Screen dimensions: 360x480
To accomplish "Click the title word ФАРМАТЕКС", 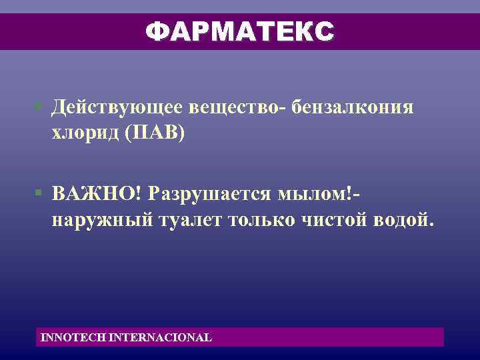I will point(240,31).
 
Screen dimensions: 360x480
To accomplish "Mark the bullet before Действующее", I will point(40,107).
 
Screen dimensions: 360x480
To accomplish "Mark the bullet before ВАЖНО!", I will point(40,193).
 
